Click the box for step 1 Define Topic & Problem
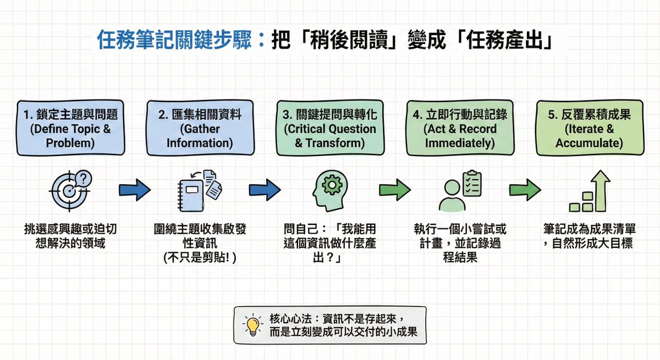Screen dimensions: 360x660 pyautogui.click(x=70, y=128)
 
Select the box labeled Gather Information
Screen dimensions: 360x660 pyautogui.click(x=200, y=128)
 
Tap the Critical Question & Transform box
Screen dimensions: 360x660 pyautogui.click(x=330, y=128)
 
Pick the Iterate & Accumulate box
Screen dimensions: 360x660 pyautogui.click(x=589, y=128)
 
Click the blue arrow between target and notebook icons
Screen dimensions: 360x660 pyautogui.click(x=135, y=190)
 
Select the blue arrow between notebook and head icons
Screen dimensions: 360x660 pyautogui.click(x=265, y=190)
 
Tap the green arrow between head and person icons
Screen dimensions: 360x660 pyautogui.click(x=394, y=190)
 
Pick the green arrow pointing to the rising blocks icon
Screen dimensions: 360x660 pyautogui.click(x=525, y=190)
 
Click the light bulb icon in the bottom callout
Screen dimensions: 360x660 pyautogui.click(x=252, y=325)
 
